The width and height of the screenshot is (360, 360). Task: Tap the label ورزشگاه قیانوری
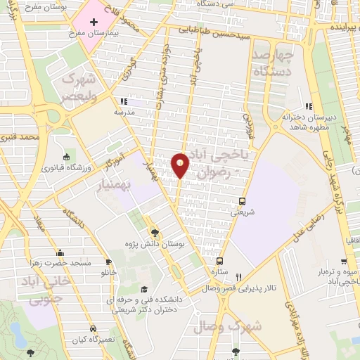point(65,168)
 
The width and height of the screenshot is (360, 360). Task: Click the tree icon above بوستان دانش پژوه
point(155,233)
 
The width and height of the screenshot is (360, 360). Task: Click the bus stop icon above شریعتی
point(243,200)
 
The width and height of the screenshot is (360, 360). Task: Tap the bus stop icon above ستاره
point(220,261)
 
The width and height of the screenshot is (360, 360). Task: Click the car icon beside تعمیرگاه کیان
point(92,329)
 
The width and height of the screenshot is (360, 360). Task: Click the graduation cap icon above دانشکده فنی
point(144,289)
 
